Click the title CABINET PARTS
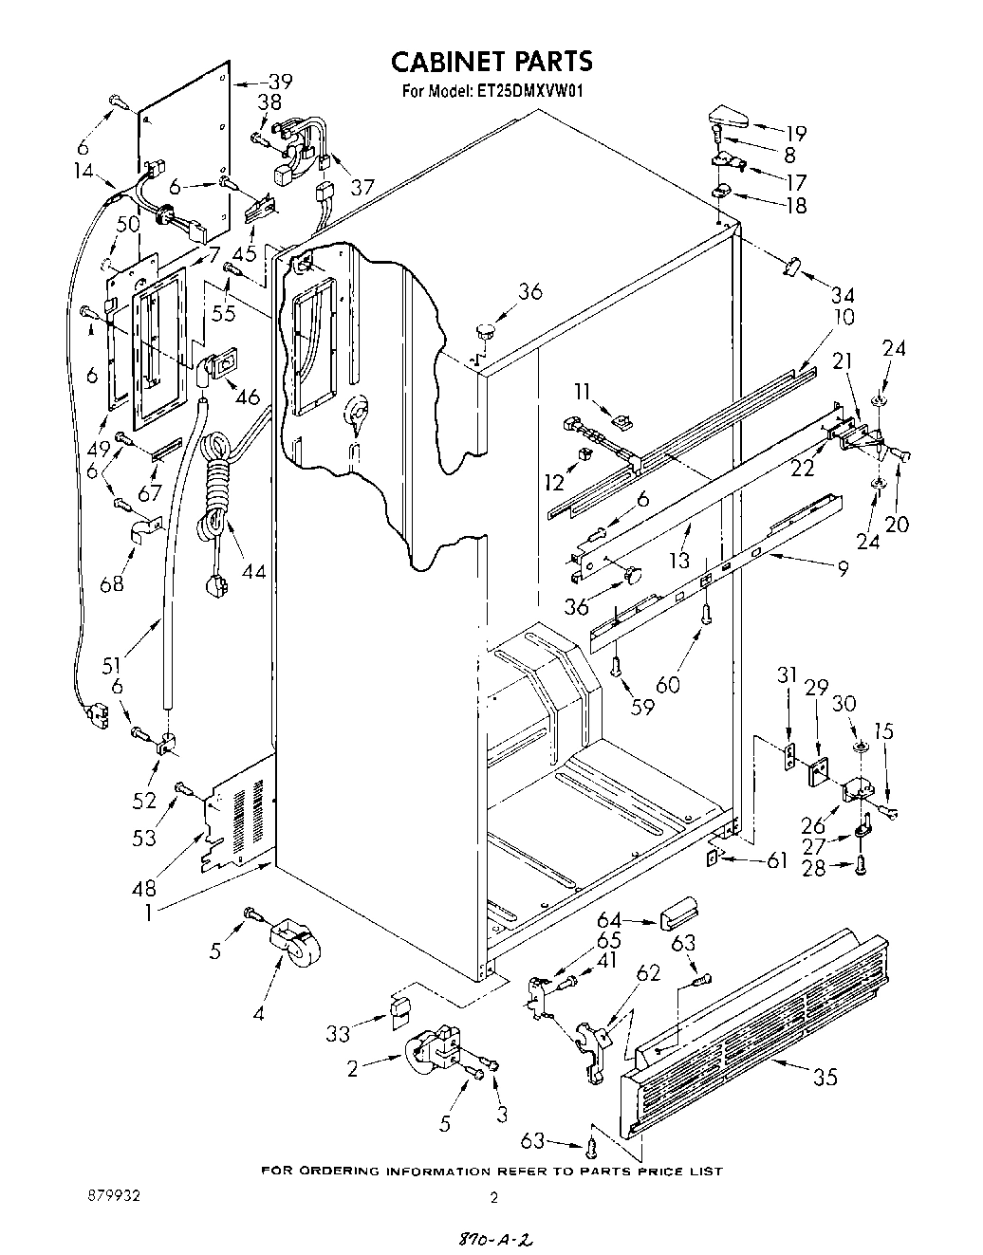click(491, 61)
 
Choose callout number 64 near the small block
click(609, 919)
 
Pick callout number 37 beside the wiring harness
click(362, 187)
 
